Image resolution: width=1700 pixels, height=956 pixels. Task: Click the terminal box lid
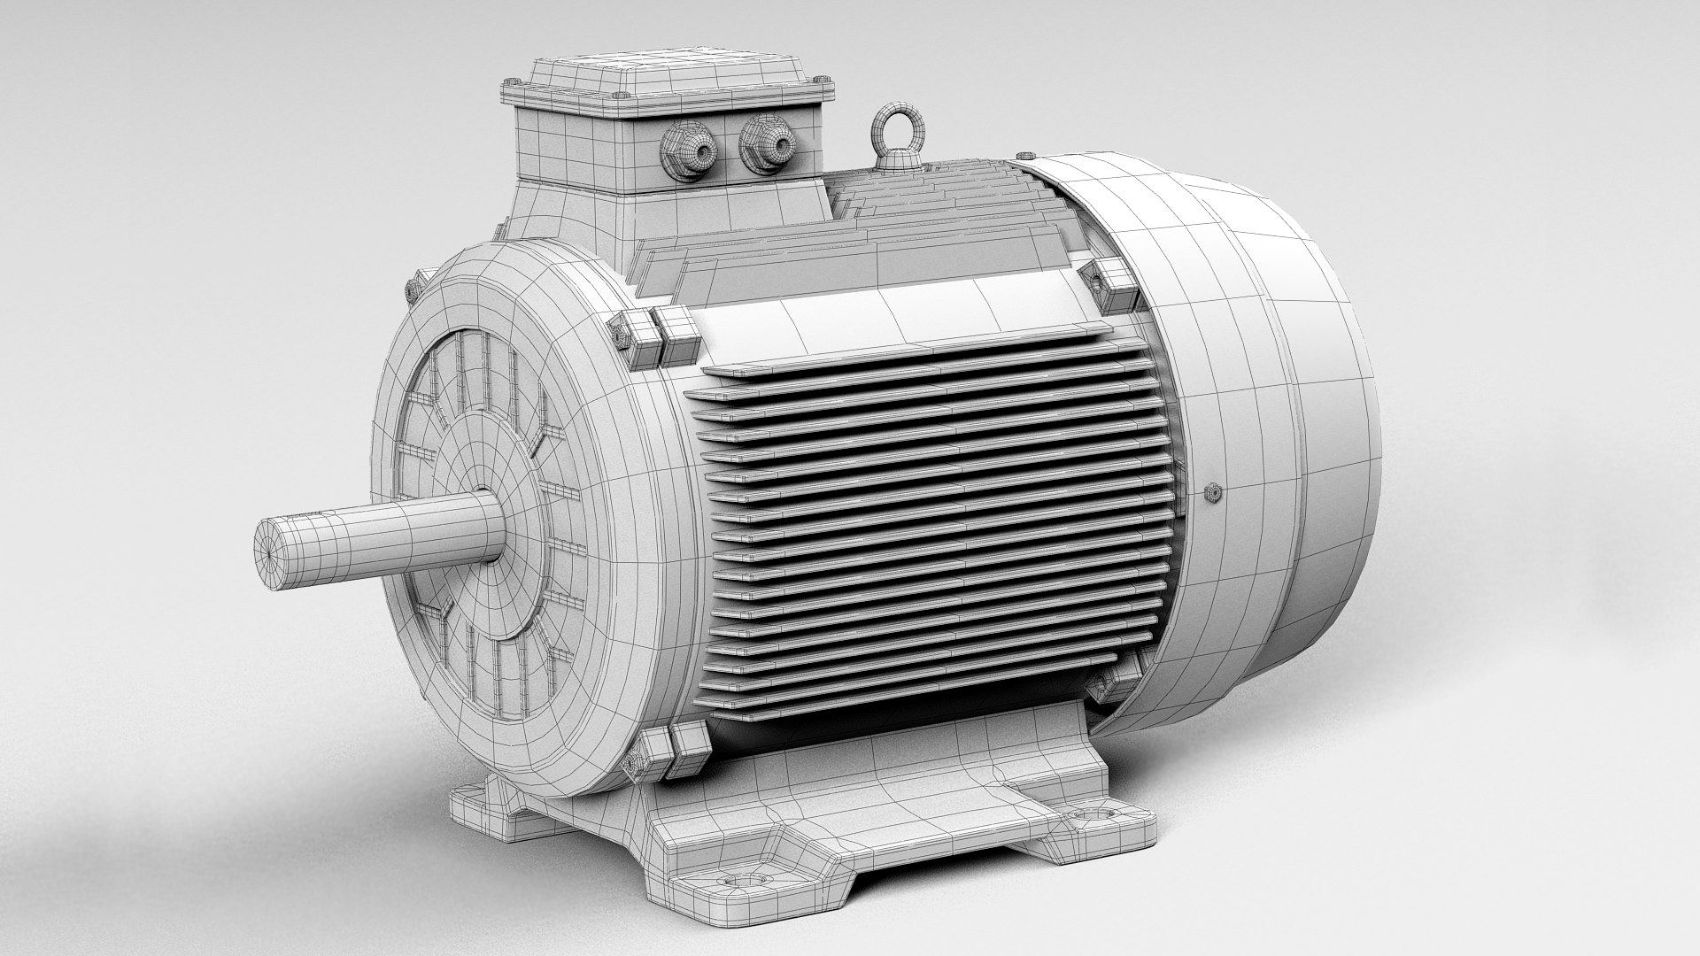coord(664,75)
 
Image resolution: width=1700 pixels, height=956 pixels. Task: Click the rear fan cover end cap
coord(1310,443)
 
